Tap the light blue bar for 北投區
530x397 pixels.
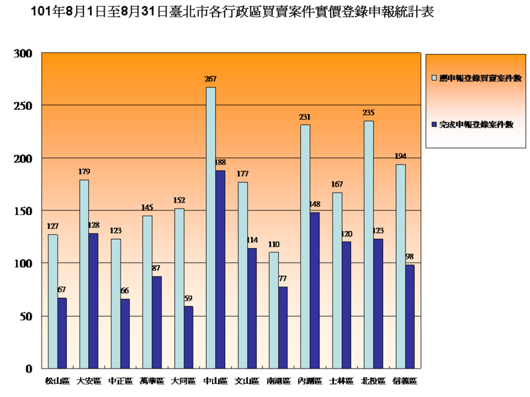[x=368, y=244]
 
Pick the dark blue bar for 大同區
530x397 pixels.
[x=188, y=337]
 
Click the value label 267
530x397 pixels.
[x=211, y=79]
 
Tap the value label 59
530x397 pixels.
[x=189, y=298]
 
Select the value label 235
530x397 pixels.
[x=368, y=112]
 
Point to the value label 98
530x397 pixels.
[x=410, y=257]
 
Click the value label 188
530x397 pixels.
[x=221, y=162]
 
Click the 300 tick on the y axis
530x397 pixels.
[x=23, y=54]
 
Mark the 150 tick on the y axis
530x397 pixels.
[x=23, y=211]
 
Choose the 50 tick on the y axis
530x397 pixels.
[x=25, y=316]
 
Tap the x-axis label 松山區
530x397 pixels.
[x=57, y=381]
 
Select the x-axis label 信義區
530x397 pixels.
[x=405, y=381]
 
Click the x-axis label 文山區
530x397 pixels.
[x=247, y=381]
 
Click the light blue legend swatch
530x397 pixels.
[x=434, y=77]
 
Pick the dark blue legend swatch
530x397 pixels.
[x=434, y=124]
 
